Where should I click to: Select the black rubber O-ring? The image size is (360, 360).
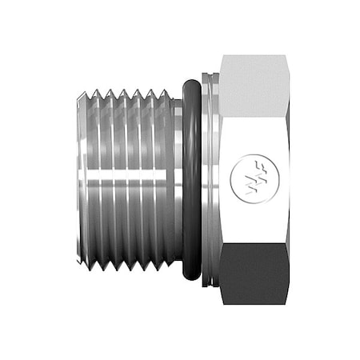tap(190, 179)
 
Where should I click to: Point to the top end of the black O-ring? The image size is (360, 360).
tap(190, 82)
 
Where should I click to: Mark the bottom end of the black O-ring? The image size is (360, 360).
tap(190, 278)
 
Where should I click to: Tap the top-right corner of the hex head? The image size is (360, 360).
tap(288, 56)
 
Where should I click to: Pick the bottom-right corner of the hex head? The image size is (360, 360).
tap(288, 304)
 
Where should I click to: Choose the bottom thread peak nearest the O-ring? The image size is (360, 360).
tap(166, 269)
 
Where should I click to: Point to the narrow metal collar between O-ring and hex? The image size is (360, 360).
tap(210, 179)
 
